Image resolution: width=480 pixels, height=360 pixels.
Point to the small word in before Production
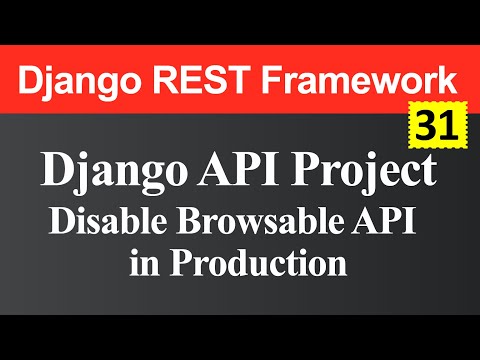point(145,266)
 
